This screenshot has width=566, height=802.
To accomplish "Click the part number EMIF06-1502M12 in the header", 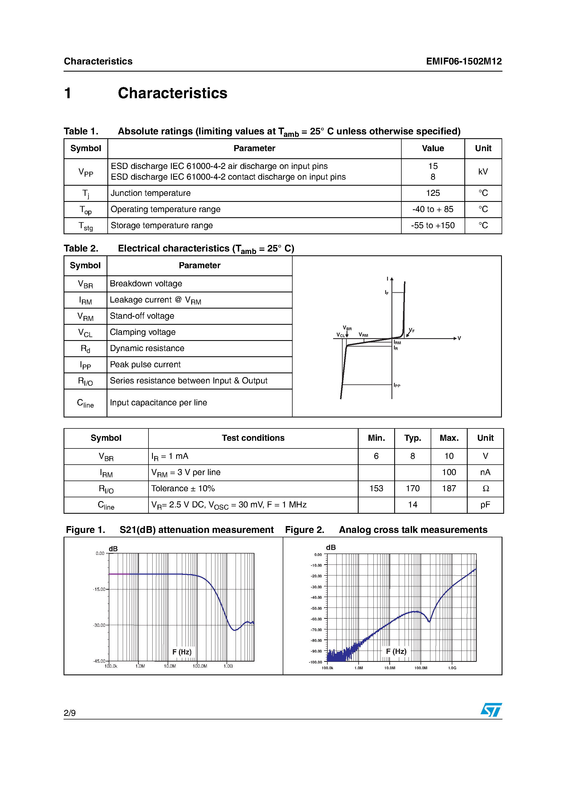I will point(464,61).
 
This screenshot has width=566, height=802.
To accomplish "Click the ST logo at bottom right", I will point(491,710).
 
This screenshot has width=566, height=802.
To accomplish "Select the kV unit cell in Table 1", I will point(483,171).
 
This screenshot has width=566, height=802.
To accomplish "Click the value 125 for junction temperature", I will point(432,193).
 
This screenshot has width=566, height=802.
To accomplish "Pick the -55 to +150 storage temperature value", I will point(432,226).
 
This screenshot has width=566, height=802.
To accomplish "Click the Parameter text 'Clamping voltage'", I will point(142,332).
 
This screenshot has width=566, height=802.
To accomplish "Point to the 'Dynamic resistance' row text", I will point(147,348).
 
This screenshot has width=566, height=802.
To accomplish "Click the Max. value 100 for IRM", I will point(448,472).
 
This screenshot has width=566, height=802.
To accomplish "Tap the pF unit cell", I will point(485,505).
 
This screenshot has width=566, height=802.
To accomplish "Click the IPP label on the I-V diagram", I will point(397,385).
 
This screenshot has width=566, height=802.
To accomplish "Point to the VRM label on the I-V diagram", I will point(363,335).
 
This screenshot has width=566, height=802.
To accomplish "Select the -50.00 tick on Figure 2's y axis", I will point(316,608).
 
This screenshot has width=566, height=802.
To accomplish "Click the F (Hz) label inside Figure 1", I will point(182,652).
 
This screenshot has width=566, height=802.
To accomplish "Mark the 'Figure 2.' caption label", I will point(304,530).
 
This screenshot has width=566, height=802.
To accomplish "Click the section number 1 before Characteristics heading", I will point(68,93).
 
